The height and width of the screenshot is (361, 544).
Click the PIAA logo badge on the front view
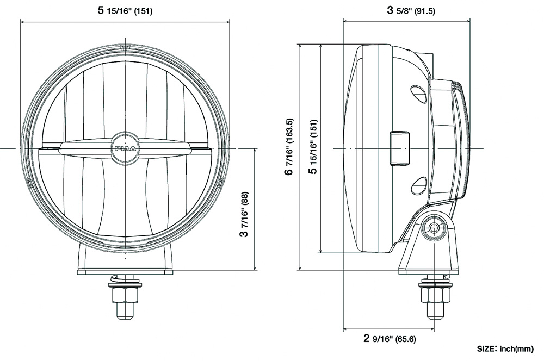(x=125, y=147)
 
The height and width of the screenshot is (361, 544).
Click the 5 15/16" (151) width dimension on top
(x=125, y=10)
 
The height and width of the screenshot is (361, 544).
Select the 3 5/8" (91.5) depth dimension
(x=411, y=10)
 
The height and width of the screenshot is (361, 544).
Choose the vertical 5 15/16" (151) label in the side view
(x=312, y=147)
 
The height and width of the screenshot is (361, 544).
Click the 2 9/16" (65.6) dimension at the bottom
(x=390, y=339)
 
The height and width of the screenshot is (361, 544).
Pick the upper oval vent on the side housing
(x=418, y=93)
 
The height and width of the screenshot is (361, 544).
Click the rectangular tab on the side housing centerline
(x=400, y=147)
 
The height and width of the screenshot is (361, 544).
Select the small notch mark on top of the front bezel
(x=126, y=47)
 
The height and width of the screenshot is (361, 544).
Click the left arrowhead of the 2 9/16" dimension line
(x=345, y=329)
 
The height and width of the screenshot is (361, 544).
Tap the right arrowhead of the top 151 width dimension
(x=228, y=21)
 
